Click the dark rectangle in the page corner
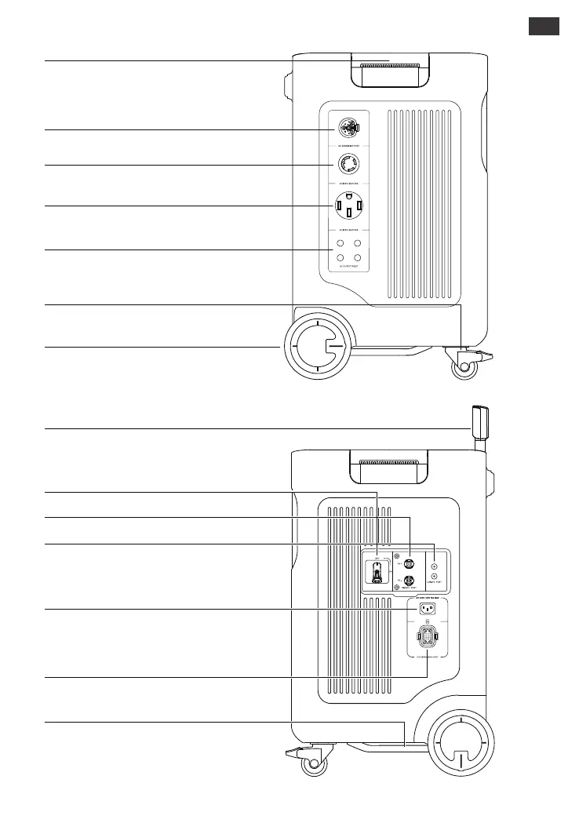pyautogui.click(x=543, y=26)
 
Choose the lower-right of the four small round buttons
pyautogui.click(x=356, y=258)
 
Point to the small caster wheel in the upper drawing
pyautogui.click(x=465, y=368)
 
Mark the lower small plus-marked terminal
pyautogui.click(x=434, y=577)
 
